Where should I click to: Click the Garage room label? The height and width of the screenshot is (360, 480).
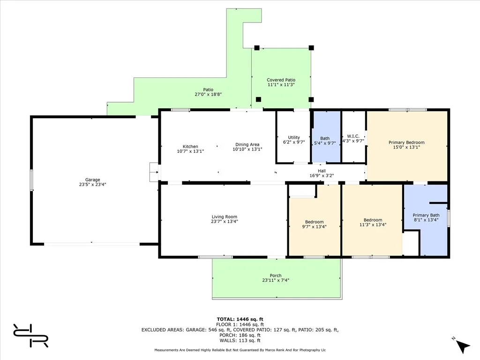(92, 179)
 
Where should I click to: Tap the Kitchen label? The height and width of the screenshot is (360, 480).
(190, 147)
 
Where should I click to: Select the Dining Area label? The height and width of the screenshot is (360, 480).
(247, 144)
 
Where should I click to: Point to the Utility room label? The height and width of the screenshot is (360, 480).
(294, 137)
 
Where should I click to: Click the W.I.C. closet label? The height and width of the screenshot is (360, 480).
(353, 136)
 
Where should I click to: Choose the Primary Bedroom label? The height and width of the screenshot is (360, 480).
(406, 142)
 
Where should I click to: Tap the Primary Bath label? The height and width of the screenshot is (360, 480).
(426, 215)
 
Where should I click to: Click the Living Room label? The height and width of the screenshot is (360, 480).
(225, 217)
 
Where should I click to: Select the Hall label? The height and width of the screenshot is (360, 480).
(322, 171)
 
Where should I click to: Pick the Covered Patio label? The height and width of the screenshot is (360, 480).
(281, 80)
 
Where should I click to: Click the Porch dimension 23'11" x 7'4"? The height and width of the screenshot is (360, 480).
(276, 280)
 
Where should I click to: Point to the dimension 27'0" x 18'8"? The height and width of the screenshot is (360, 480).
(208, 94)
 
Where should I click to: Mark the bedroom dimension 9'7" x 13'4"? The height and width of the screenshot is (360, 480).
(314, 226)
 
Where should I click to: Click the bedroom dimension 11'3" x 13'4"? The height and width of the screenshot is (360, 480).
(373, 225)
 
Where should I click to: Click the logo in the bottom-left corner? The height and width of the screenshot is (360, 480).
(30, 335)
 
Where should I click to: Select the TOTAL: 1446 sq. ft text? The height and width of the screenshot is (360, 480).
(240, 319)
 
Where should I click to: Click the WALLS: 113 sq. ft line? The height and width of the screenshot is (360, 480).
(240, 340)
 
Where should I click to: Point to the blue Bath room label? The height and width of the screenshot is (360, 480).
(325, 138)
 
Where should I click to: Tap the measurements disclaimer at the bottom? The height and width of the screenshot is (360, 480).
(240, 350)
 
